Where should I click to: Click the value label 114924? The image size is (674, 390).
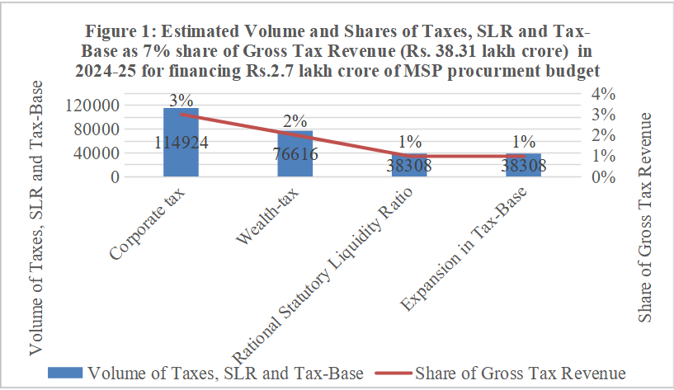click(x=181, y=142)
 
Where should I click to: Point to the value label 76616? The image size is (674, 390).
click(x=295, y=153)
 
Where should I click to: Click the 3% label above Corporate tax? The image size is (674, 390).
click(x=181, y=100)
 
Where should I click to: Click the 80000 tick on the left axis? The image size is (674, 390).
click(x=132, y=129)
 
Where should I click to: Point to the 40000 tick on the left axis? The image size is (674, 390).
click(x=132, y=153)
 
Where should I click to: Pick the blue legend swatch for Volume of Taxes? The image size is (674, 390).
click(x=66, y=373)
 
